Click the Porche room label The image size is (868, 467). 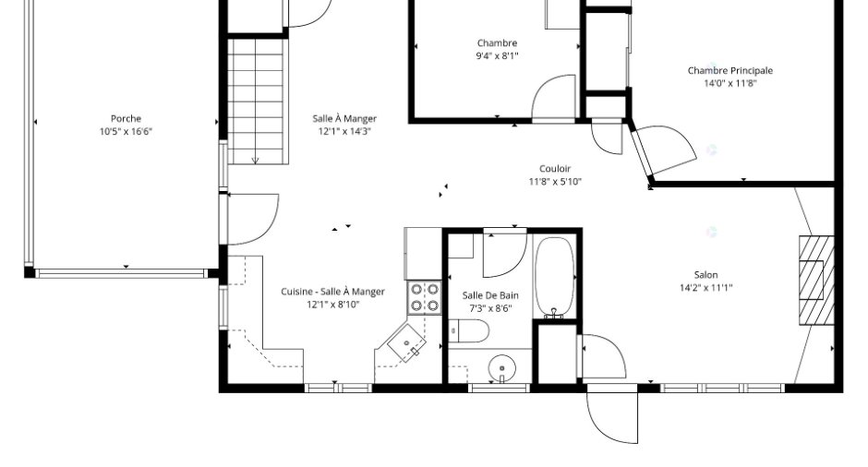click(x=126, y=118)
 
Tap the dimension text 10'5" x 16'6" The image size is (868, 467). click(x=126, y=132)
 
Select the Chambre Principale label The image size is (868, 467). click(x=730, y=70)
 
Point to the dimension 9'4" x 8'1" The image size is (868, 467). click(x=497, y=56)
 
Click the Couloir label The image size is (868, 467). click(x=555, y=169)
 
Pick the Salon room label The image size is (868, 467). click(x=705, y=274)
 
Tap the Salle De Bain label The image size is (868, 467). click(x=490, y=295)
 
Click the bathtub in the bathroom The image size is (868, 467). click(x=554, y=278)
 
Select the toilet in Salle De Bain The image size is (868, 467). click(x=468, y=331)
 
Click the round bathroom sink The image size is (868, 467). click(x=502, y=368)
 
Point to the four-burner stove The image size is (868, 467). click(x=425, y=298)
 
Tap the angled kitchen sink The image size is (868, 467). click(x=407, y=342)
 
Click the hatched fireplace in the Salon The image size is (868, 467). click(x=816, y=281)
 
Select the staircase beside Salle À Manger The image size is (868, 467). click(x=258, y=102)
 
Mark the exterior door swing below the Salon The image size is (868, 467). click(x=612, y=415)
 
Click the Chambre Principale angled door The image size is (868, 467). click(x=664, y=152)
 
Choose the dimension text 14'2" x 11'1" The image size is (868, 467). click(x=705, y=288)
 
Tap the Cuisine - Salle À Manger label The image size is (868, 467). click(x=332, y=292)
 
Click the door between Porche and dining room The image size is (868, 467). click(x=252, y=219)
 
